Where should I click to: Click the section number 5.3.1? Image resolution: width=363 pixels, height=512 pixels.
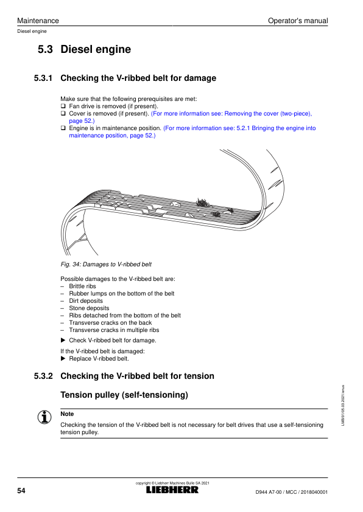click(43, 78)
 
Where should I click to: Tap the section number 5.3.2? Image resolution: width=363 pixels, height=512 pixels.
click(43, 376)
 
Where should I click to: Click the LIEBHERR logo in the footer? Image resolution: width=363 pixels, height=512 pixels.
click(172, 490)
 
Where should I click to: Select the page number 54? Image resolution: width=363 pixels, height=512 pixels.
click(21, 491)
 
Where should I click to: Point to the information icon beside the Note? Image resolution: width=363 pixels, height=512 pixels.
click(44, 417)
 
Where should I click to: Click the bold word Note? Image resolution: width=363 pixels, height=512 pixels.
click(67, 413)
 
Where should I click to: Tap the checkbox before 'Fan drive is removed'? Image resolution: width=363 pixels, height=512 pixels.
click(63, 106)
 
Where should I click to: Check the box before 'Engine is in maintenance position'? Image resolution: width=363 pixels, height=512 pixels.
click(63, 128)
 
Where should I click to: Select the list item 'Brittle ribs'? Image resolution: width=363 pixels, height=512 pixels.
click(82, 286)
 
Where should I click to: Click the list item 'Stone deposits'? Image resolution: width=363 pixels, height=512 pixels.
click(89, 308)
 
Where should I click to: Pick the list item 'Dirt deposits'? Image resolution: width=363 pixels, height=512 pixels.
click(86, 301)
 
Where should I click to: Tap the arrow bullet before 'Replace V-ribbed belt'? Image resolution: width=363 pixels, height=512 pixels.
click(63, 359)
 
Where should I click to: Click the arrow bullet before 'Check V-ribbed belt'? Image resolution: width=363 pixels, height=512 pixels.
click(63, 341)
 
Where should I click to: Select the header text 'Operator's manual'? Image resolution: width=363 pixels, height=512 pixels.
click(298, 21)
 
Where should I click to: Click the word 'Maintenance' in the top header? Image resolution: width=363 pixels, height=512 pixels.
click(38, 21)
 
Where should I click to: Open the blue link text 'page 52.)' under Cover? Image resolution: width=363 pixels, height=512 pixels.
click(82, 121)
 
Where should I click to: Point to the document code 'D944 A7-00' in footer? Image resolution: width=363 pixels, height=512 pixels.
click(268, 492)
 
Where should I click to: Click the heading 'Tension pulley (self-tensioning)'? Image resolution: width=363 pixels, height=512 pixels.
click(124, 395)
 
